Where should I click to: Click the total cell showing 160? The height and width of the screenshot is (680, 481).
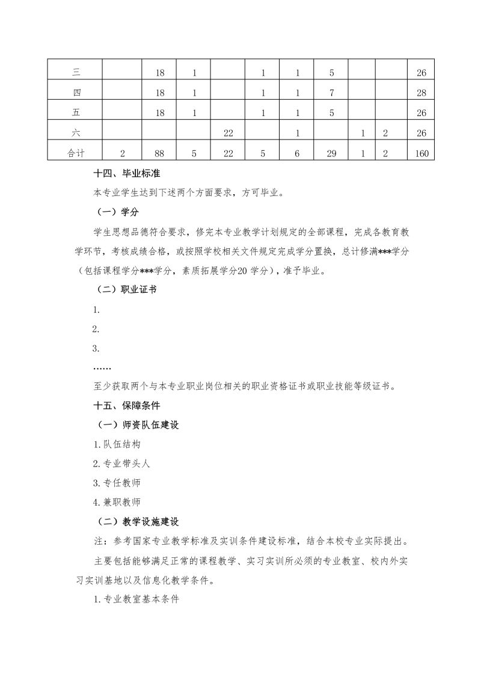tap(421, 153)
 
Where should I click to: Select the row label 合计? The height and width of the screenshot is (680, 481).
tap(76, 153)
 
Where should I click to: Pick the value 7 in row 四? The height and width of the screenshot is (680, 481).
tap(332, 93)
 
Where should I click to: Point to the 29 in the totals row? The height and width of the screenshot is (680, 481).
tap(332, 153)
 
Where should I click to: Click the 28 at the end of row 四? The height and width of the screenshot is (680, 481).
tap(421, 93)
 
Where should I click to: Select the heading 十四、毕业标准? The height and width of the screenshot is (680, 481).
tap(125, 174)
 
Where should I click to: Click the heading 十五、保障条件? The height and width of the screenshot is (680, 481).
tap(125, 405)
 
